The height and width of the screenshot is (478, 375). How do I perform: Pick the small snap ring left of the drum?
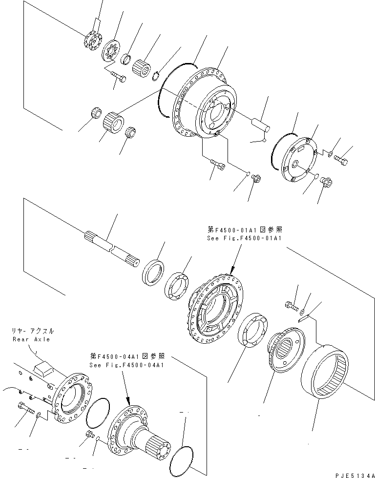coord(155,77)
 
